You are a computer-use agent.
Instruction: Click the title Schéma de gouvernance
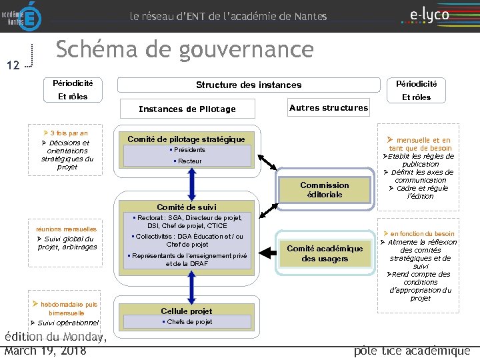[184, 49]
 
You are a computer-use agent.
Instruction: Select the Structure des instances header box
[248, 85]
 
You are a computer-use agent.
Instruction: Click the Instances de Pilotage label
[187, 109]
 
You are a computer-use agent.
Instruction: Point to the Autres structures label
[328, 107]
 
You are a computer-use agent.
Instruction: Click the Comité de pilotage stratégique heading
[186, 139]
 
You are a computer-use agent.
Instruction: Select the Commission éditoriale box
[324, 189]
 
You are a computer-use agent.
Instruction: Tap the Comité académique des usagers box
[325, 253]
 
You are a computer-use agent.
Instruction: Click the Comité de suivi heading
[187, 207]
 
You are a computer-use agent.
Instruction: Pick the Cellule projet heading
[187, 311]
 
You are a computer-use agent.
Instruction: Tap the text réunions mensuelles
[67, 229]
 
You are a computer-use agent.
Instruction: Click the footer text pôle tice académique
[412, 351]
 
